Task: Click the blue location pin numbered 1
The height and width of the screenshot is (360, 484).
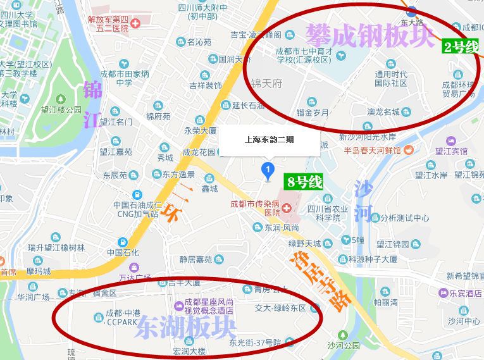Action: coord(268,170)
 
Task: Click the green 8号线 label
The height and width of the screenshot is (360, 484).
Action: coord(304,182)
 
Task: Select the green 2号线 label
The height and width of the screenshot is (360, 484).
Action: coord(461,46)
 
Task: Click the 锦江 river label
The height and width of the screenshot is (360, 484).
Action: coord(92,104)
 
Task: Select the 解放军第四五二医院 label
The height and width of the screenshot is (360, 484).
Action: coord(116,23)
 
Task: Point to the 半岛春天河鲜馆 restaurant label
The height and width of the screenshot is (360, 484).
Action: coord(373,151)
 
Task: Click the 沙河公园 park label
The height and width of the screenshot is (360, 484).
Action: coord(344,345)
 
